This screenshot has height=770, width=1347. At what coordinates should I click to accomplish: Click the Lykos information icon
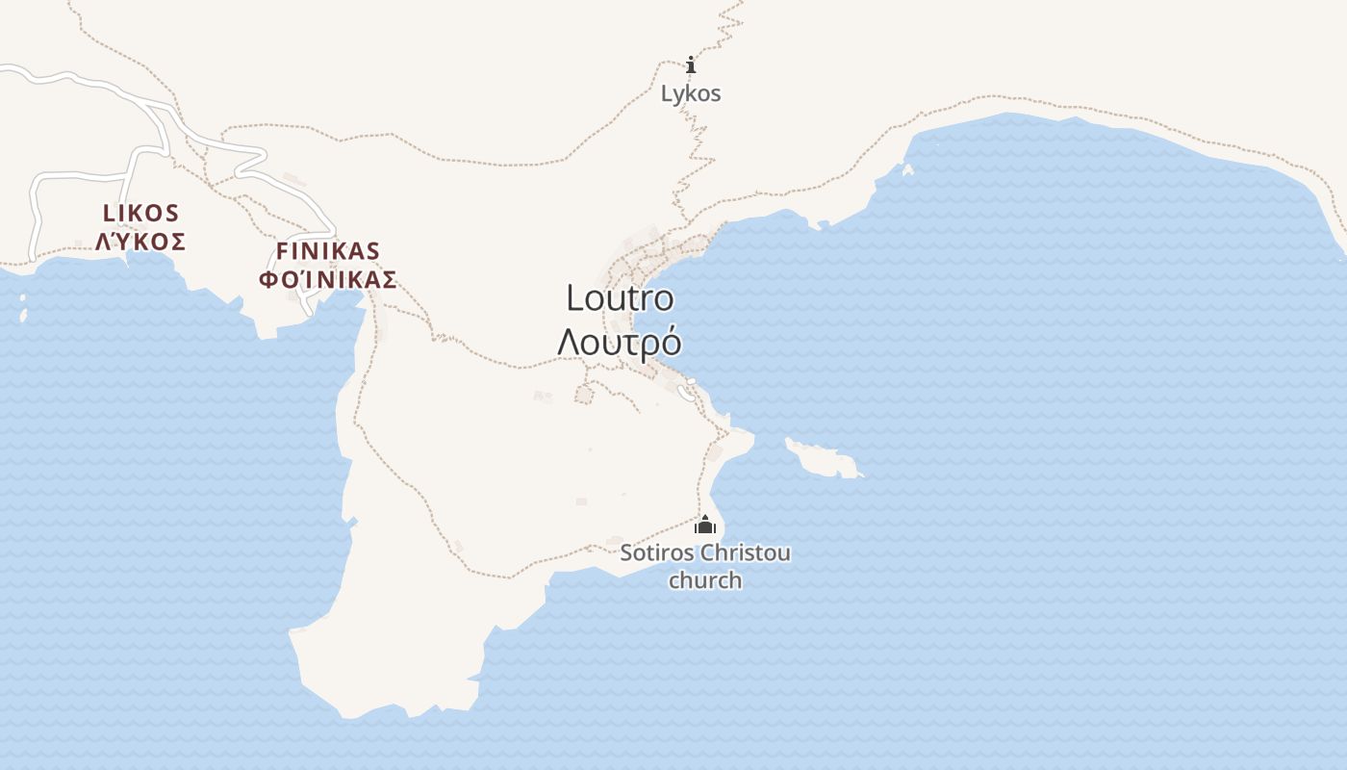(691, 65)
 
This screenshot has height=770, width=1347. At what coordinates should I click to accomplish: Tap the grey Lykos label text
(691, 93)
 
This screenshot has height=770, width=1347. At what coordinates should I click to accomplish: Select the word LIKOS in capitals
(140, 213)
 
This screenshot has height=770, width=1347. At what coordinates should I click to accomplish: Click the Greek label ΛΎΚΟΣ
(140, 241)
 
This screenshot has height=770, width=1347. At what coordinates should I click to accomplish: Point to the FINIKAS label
(328, 251)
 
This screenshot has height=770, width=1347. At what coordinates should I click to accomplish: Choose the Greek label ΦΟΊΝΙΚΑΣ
(328, 280)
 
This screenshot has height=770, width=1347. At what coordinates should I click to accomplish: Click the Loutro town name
(620, 298)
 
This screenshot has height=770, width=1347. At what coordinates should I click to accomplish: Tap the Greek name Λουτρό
(620, 342)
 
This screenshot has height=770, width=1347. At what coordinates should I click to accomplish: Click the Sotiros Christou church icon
(705, 525)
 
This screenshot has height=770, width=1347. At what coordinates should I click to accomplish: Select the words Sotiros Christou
(705, 553)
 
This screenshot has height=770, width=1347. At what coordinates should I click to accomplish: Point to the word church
(705, 580)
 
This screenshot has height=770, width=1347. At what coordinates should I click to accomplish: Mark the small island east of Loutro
(821, 458)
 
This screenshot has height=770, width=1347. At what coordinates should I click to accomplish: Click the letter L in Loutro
(575, 298)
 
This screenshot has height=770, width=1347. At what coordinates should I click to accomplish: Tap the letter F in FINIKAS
(283, 251)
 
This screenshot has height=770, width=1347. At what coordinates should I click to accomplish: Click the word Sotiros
(657, 553)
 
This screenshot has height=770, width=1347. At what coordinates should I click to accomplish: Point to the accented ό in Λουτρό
(671, 342)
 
